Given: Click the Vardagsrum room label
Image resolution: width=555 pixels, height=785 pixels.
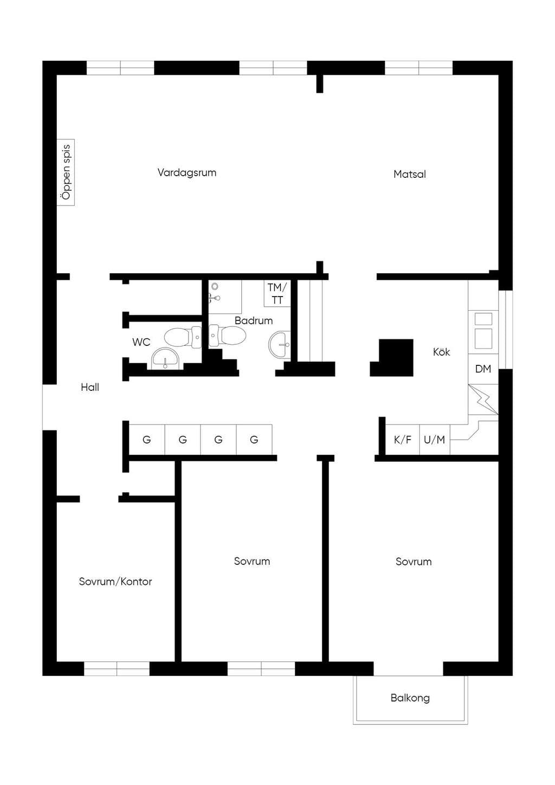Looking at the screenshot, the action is tap(187, 173).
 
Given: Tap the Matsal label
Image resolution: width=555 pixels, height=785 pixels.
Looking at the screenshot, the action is tap(410, 174).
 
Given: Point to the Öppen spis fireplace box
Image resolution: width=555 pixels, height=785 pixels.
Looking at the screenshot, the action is tap(66, 172).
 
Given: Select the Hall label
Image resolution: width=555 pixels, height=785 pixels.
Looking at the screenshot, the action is tap(90, 387).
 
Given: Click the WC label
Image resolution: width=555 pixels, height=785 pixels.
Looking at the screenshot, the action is tap(141, 342).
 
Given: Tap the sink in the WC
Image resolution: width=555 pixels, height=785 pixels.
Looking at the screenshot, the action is tap(165, 358).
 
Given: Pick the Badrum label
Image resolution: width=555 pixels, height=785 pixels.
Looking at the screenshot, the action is tap(254, 320).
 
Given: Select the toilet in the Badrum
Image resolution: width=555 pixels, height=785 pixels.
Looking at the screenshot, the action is tap(228, 336).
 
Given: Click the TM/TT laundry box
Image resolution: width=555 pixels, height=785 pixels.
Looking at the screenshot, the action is tap(277, 294).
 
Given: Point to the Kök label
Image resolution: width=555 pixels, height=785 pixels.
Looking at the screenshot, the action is tap(442, 352).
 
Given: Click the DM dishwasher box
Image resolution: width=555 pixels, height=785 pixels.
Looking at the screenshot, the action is tap(483, 369).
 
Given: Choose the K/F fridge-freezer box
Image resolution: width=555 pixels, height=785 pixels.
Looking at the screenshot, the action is tap(403, 440).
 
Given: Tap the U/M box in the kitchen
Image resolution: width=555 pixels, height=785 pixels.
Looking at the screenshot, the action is tap(435, 440).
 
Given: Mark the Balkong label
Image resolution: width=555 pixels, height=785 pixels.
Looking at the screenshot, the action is tap(410, 698).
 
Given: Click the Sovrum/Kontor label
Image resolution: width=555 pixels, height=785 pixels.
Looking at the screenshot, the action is tap(115, 582).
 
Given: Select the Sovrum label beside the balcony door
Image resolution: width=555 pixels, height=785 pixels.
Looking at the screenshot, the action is tap(414, 562).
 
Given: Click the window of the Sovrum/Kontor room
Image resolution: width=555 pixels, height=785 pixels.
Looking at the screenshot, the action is tap(117, 668).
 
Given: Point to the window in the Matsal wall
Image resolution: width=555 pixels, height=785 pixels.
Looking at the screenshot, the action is tap(419, 68).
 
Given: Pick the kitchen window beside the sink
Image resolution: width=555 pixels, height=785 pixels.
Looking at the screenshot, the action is tap(506, 330).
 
